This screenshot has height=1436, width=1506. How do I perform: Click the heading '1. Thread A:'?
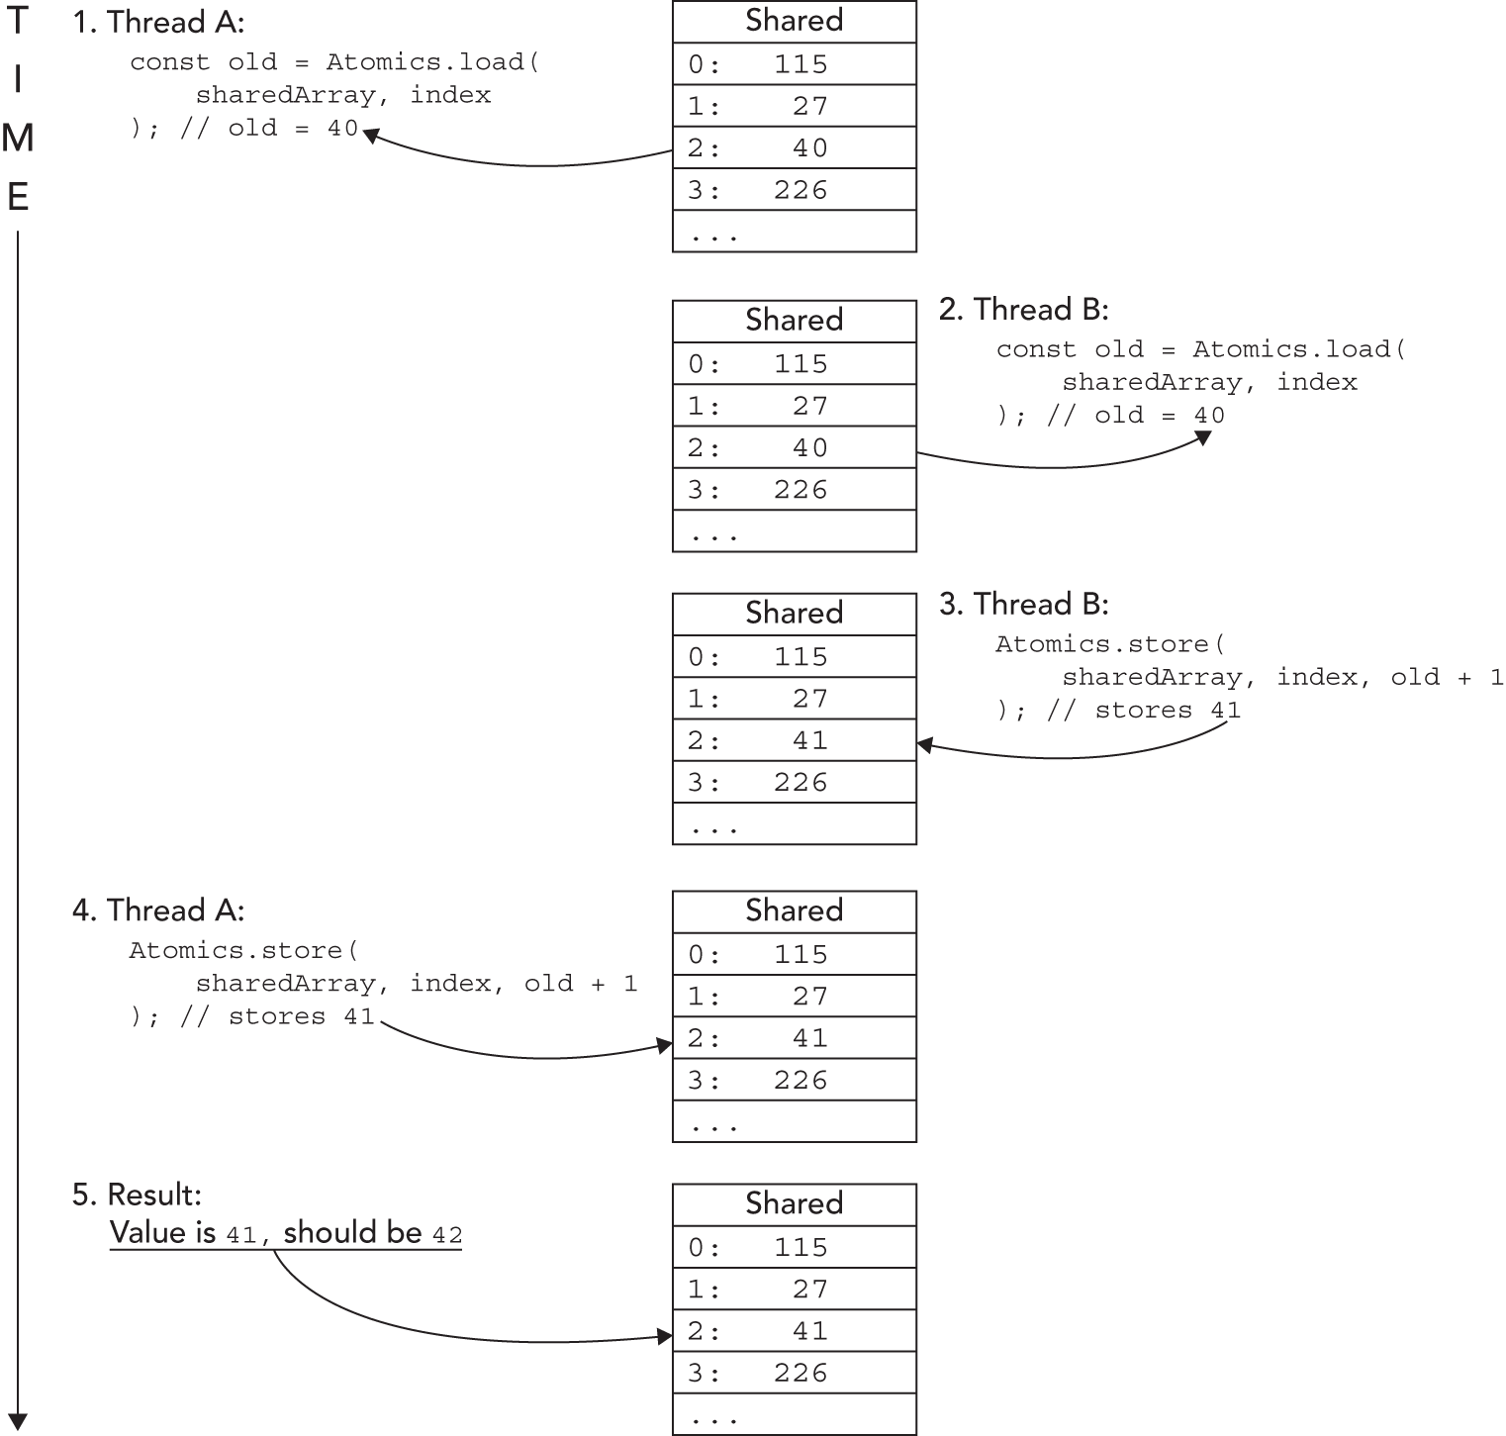[x=158, y=22]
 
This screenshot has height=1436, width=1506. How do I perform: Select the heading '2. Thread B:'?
[x=1023, y=310]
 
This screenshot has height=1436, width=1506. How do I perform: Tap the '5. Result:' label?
[x=137, y=1195]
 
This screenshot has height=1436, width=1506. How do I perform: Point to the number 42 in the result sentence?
[x=447, y=1234]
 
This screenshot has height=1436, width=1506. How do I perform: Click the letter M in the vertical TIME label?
[x=18, y=139]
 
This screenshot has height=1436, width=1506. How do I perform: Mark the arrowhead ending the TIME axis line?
[x=18, y=1422]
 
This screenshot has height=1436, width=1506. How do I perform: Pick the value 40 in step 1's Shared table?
[x=809, y=148]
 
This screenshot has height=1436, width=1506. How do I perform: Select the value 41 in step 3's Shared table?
[x=809, y=740]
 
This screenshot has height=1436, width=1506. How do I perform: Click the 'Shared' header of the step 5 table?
[x=794, y=1203]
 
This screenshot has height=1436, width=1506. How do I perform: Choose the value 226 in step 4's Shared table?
[x=800, y=1080]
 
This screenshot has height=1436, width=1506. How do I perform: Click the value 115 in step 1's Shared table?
[x=800, y=64]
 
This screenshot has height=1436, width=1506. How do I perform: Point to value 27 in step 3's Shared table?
[x=809, y=699]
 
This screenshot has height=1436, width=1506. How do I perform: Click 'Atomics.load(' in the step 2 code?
[x=1299, y=349]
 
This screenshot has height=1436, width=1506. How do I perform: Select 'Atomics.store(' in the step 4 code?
[x=243, y=951]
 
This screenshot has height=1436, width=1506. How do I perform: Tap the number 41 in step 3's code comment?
[x=1225, y=711]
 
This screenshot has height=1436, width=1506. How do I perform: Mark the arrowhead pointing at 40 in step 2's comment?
[x=1204, y=436]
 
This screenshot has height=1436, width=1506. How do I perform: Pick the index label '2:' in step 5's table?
[x=705, y=1331]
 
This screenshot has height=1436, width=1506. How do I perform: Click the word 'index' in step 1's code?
[x=450, y=95]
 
